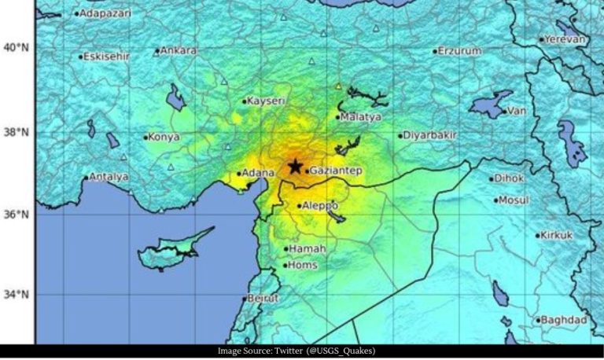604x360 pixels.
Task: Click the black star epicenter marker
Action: pos(295,166)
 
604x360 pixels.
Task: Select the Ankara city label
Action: pos(179,50)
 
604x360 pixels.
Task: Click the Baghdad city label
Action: pos(564,320)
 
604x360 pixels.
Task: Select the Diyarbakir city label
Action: pos(430,135)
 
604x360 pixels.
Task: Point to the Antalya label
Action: pos(109,177)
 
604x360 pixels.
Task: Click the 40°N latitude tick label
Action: pos(15,48)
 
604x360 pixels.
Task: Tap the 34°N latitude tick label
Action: pos(15,296)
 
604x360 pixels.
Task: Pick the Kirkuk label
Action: pos(558,235)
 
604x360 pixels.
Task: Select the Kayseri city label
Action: pos(264,101)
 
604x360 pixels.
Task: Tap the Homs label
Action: pos(304,265)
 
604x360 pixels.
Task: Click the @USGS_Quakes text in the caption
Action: pos(346,351)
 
